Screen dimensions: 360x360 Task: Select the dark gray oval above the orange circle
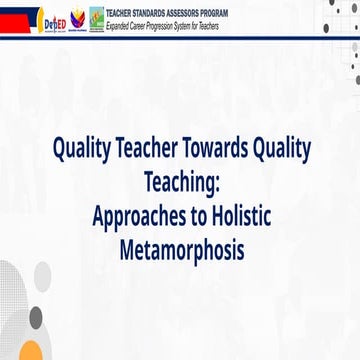click(35, 318)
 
